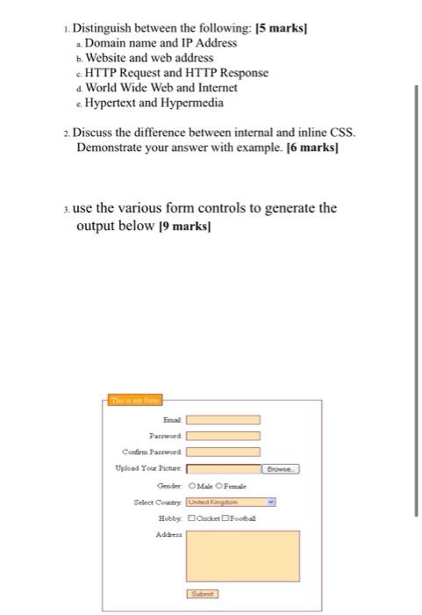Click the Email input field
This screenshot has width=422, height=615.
[223, 420]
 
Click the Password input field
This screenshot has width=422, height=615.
[223, 436]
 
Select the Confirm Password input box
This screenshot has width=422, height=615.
[223, 452]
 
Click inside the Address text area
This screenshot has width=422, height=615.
[229, 554]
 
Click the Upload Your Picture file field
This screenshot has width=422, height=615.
[223, 468]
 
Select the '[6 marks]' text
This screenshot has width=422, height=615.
[310, 148]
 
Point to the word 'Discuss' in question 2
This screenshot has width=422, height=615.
[94, 133]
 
